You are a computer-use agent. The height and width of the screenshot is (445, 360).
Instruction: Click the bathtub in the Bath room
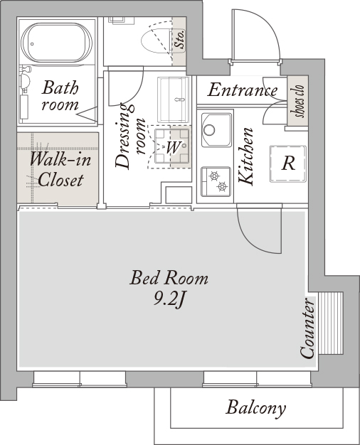[56, 43]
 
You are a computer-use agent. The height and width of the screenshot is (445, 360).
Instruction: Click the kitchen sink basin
[216, 129]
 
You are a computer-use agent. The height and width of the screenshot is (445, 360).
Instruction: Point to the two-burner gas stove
[216, 182]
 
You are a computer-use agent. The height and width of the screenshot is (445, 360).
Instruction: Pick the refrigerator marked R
[288, 163]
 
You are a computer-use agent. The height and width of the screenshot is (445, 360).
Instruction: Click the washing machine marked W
[172, 146]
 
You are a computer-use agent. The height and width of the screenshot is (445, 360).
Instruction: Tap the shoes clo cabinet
[298, 101]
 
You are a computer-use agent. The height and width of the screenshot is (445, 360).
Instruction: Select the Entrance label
[243, 90]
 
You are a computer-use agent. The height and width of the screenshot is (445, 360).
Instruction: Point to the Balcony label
[255, 409]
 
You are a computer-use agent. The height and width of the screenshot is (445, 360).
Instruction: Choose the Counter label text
[307, 328]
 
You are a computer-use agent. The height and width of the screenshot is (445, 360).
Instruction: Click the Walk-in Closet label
[60, 169]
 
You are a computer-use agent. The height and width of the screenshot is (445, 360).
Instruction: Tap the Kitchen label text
[245, 156]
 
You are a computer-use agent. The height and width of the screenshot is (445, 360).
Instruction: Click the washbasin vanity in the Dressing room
[174, 100]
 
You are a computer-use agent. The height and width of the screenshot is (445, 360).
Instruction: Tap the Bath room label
[60, 96]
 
